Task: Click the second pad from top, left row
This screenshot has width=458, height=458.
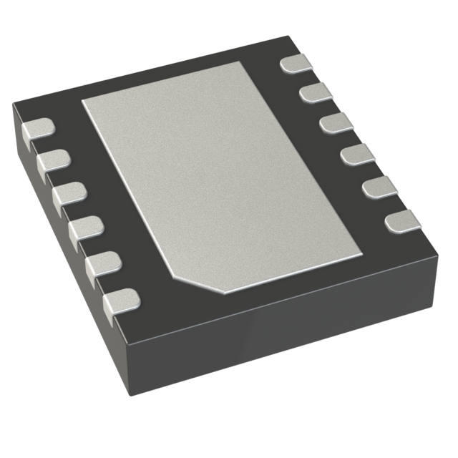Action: (52, 162)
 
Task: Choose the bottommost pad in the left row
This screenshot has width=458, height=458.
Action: (121, 303)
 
